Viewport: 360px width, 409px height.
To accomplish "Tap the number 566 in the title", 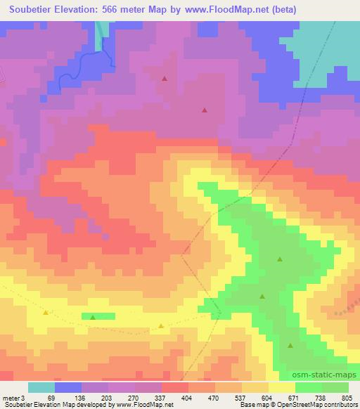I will click(111, 10).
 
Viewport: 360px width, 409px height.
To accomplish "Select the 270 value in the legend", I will click(131, 398).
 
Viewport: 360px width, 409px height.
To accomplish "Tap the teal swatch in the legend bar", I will click(41, 387).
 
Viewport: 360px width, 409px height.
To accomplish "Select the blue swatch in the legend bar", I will click(68, 387).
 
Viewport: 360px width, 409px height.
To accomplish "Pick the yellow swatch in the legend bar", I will click(281, 387).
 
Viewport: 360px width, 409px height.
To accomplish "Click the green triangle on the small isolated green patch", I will click(93, 317).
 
